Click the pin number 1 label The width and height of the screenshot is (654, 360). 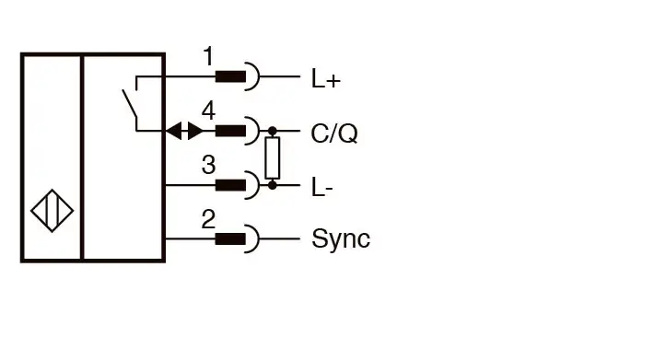(x=208, y=56)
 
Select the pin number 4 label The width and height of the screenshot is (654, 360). (x=208, y=110)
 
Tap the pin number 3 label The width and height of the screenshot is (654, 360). (x=208, y=165)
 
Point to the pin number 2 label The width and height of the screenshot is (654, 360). (x=208, y=219)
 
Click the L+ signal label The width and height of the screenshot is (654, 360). (x=326, y=79)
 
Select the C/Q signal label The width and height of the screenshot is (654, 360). (x=334, y=134)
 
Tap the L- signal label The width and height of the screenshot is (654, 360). (x=322, y=187)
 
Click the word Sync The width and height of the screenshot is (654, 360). (x=341, y=238)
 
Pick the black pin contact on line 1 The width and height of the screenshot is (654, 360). (x=230, y=76)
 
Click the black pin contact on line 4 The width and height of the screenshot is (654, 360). (x=230, y=131)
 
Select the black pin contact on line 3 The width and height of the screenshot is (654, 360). (x=230, y=185)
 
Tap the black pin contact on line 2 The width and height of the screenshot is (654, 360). (x=230, y=239)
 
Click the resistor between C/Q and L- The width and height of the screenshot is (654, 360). (x=273, y=158)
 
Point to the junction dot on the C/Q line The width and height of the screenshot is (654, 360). (x=273, y=131)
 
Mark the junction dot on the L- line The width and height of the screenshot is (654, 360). (x=273, y=185)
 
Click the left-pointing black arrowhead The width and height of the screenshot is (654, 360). (x=173, y=131)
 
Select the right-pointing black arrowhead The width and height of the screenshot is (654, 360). (x=195, y=131)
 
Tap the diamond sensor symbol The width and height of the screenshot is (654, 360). (x=53, y=211)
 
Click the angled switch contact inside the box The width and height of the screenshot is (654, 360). (x=130, y=103)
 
